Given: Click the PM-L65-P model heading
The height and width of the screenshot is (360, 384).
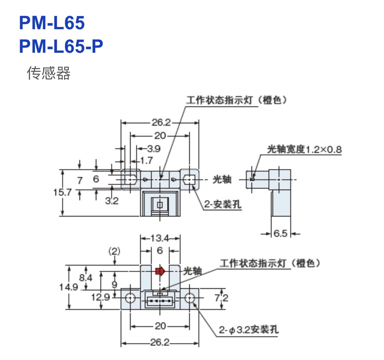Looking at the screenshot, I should click(x=61, y=46).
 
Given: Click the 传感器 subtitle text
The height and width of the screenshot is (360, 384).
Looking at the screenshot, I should click(x=48, y=73).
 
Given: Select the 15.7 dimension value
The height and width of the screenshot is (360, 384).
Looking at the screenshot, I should click(x=62, y=192).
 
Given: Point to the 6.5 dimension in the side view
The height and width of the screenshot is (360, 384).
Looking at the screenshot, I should click(x=280, y=233).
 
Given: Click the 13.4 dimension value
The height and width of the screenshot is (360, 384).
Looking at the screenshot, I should click(x=159, y=238).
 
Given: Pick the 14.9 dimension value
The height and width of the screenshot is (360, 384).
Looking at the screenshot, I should click(x=69, y=287).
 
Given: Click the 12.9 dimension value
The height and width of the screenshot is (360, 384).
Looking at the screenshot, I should click(x=101, y=297).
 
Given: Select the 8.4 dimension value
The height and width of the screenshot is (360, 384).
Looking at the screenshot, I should click(x=86, y=278).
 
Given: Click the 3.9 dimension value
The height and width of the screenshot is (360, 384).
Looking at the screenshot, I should click(x=154, y=149).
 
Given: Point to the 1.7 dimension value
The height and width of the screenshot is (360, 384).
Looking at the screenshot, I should click(x=146, y=161).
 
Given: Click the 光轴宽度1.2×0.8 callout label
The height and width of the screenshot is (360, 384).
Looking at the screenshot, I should click(x=304, y=150).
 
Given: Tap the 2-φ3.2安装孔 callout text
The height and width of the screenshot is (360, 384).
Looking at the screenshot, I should click(x=248, y=330).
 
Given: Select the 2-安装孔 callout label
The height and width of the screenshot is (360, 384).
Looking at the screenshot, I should click(x=223, y=205).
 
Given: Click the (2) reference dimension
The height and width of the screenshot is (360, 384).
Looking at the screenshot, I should click(x=114, y=251).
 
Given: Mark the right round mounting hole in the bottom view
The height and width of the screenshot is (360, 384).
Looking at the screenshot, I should click(x=189, y=297).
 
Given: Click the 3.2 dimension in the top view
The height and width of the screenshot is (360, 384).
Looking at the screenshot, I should click(x=112, y=201).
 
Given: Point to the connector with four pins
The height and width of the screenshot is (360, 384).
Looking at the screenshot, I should click(x=159, y=302).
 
